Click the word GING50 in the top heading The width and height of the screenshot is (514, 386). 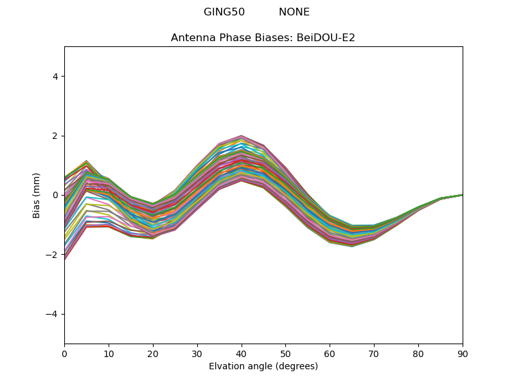pos(224,12)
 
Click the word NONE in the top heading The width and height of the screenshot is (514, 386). pos(294,12)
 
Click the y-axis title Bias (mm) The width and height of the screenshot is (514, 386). pos(37,195)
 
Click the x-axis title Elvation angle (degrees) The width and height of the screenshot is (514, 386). pos(263,366)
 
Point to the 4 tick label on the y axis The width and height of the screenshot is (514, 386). pos(55,77)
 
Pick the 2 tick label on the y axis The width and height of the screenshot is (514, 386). pos(55,136)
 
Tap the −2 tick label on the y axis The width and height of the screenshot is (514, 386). pos(53,255)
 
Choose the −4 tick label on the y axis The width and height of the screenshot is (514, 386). pos(53,314)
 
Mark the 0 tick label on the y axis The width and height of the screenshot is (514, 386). pos(55,195)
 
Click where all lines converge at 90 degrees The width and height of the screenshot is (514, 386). pos(462,195)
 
